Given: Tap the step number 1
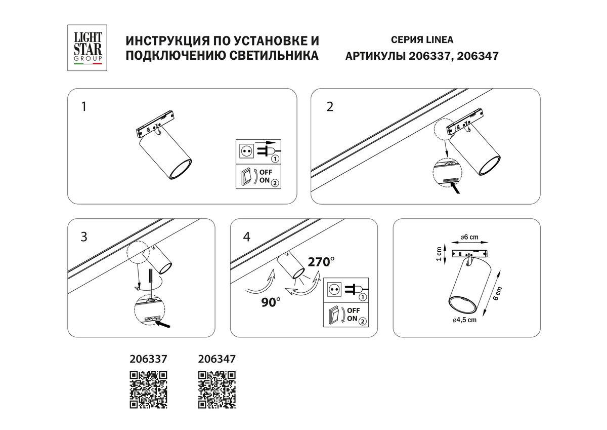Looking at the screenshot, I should click(x=84, y=107).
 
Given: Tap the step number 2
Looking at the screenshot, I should click(x=330, y=107).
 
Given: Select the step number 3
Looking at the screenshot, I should click(x=84, y=237).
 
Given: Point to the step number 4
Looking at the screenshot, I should click(x=246, y=237).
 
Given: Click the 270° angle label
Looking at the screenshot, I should click(x=322, y=262).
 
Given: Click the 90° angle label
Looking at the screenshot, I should click(x=271, y=303).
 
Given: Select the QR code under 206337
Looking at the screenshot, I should click(x=148, y=389).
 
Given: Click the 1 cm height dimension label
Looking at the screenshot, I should click(x=439, y=253).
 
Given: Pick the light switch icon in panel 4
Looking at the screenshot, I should click(x=334, y=315).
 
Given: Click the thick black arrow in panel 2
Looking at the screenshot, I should click(x=458, y=189).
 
